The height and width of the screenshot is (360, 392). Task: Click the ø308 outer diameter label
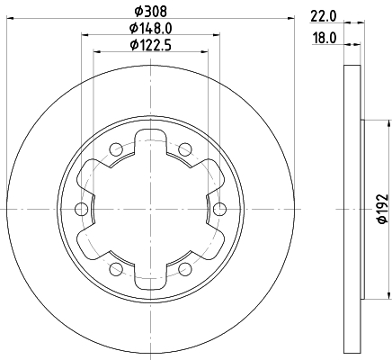click(x=149, y=11)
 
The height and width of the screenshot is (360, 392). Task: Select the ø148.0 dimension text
click(x=149, y=28)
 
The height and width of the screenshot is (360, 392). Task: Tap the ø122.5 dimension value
click(x=149, y=44)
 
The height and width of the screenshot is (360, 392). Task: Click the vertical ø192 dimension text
click(x=379, y=209)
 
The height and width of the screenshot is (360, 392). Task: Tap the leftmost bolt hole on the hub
click(x=81, y=210)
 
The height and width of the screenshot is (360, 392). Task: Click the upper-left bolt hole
click(x=115, y=149)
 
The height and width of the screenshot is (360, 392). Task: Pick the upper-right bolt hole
click(x=185, y=149)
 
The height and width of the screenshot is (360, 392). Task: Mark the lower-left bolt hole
click(x=115, y=270)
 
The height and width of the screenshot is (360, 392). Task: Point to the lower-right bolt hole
click(x=185, y=270)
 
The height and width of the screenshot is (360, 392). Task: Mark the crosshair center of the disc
click(x=150, y=210)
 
